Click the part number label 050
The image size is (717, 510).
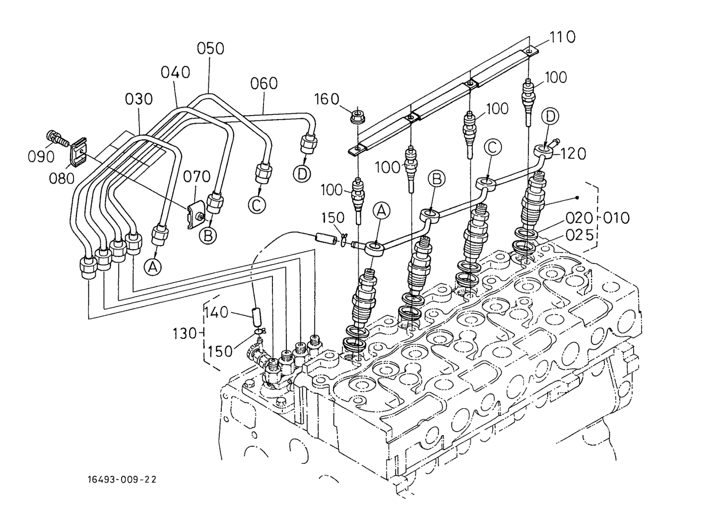[210, 49]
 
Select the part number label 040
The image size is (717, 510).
[175, 72]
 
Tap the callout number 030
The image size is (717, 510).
[138, 99]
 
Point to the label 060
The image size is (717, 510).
[263, 83]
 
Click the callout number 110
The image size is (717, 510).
[562, 37]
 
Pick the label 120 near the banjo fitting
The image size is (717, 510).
[573, 154]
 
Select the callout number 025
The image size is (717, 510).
[579, 235]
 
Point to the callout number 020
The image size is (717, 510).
[579, 218]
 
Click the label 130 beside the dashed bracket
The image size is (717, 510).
[185, 333]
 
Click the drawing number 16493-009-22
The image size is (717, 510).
[122, 479]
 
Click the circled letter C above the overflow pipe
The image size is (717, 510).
[492, 147]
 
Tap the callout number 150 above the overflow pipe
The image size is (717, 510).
[333, 218]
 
